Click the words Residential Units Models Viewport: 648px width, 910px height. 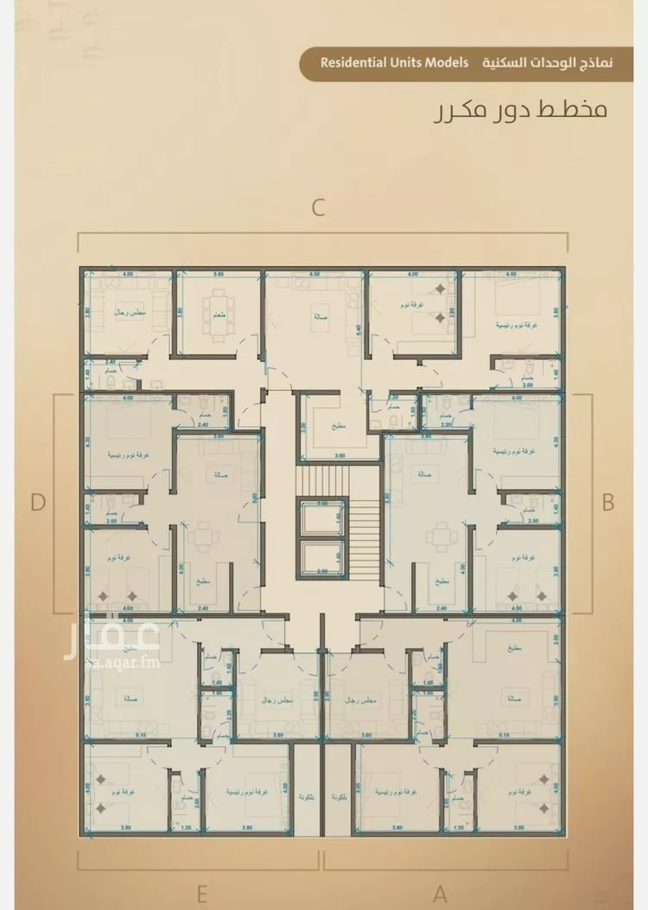click(x=394, y=63)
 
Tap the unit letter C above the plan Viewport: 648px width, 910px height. click(x=319, y=208)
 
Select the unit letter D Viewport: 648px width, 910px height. click(x=37, y=502)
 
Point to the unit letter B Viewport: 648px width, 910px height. click(x=608, y=502)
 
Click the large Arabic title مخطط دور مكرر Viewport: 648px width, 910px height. click(x=521, y=111)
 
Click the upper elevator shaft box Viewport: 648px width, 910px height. click(x=322, y=518)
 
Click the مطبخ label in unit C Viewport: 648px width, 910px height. click(x=317, y=427)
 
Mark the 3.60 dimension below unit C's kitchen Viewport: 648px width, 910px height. click(x=316, y=455)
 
